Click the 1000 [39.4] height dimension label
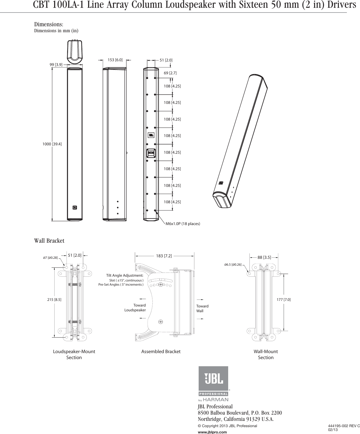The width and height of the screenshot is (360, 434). pyautogui.click(x=52, y=144)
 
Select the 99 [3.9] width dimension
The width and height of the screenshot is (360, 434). pyautogui.click(x=56, y=65)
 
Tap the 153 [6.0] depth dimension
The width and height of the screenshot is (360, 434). pyautogui.click(x=115, y=60)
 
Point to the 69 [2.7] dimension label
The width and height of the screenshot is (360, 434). pyautogui.click(x=170, y=73)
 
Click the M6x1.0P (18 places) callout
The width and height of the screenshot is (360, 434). pyautogui.click(x=183, y=224)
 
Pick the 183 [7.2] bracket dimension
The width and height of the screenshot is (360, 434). pyautogui.click(x=164, y=256)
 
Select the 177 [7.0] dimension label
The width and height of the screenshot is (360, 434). pyautogui.click(x=284, y=299)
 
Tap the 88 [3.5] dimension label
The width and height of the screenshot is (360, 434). pyautogui.click(x=264, y=257)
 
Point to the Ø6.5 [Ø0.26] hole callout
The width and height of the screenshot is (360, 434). pyautogui.click(x=233, y=264)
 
